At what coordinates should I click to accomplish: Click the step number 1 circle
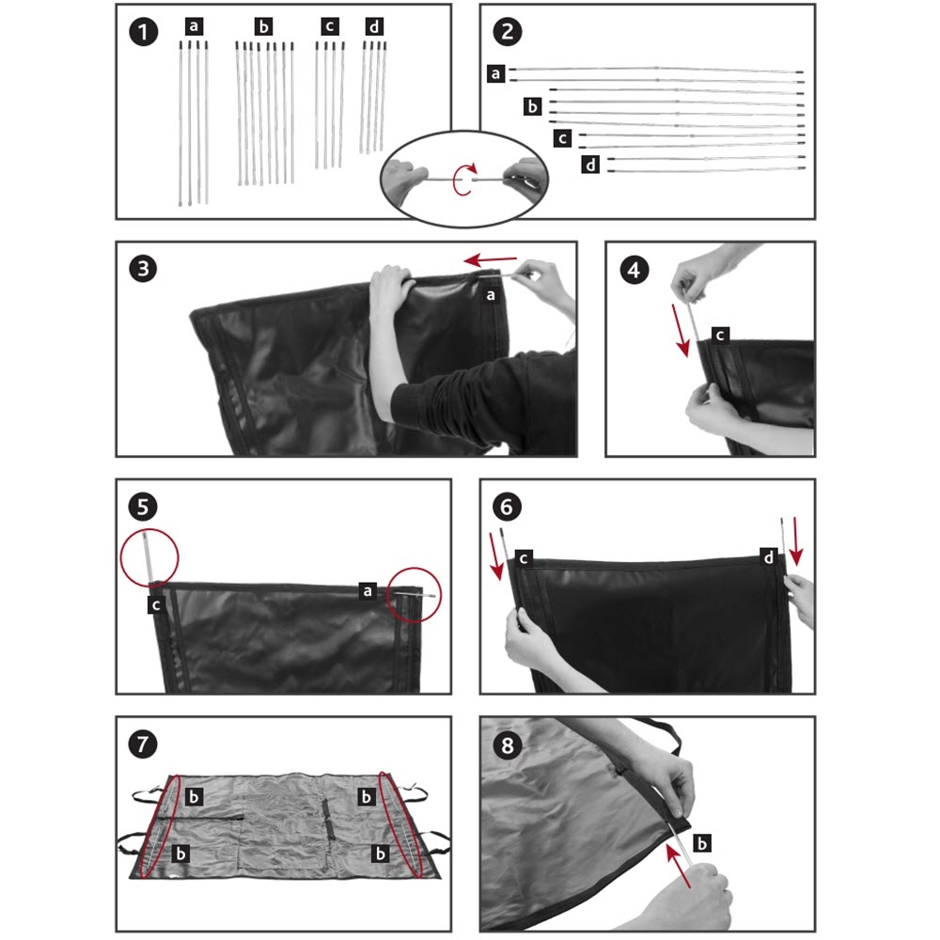[143, 32]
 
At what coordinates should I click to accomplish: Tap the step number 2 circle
[508, 32]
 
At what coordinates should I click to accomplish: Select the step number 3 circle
[143, 269]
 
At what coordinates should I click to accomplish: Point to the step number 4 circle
[634, 269]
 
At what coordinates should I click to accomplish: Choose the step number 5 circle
[143, 506]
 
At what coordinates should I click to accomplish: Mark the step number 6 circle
[508, 507]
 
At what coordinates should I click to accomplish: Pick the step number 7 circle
[143, 744]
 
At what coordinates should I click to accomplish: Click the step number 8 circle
[508, 745]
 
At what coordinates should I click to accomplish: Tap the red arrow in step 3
[491, 260]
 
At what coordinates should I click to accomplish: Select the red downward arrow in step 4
[681, 330]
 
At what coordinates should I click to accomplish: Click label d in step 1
[374, 26]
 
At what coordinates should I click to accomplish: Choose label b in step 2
[532, 107]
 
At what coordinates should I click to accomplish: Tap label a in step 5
[368, 591]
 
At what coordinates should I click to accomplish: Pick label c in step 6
[524, 558]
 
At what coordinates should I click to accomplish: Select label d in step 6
[769, 557]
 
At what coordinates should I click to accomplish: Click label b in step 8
[701, 843]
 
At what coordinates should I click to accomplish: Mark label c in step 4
[720, 336]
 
